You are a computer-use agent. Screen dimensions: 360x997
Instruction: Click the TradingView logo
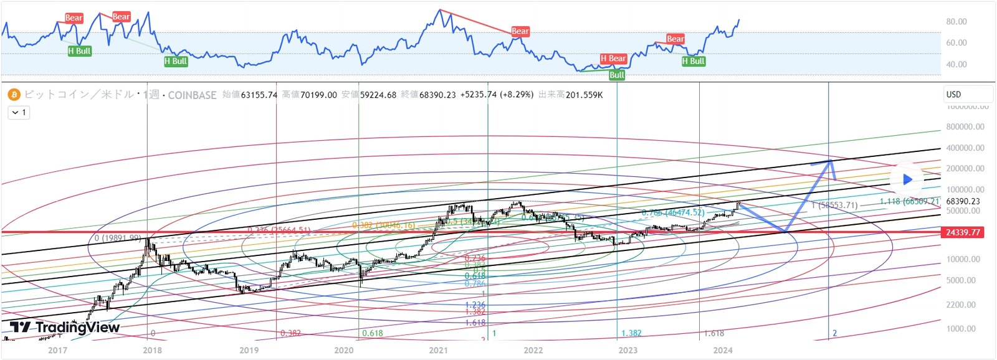pyautogui.click(x=65, y=328)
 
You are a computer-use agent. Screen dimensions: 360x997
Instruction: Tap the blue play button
pyautogui.click(x=907, y=179)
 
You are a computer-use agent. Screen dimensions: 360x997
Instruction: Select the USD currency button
pyautogui.click(x=967, y=95)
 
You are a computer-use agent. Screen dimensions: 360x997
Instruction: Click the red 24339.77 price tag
pyautogui.click(x=963, y=232)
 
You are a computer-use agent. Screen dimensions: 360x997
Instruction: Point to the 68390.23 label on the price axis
pyautogui.click(x=963, y=201)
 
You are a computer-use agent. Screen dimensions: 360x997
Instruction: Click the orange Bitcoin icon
pyautogui.click(x=14, y=95)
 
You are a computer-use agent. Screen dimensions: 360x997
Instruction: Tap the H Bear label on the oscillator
pyautogui.click(x=613, y=59)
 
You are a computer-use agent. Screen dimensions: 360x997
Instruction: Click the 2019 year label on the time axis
pyautogui.click(x=249, y=350)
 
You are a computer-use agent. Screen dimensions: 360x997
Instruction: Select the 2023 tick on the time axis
pyautogui.click(x=627, y=350)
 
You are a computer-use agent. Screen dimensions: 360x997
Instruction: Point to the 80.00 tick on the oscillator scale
pyautogui.click(x=956, y=21)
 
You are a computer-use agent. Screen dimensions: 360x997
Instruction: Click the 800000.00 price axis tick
pyautogui.click(x=965, y=126)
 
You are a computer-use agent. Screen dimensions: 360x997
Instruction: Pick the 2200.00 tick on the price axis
pyautogui.click(x=960, y=305)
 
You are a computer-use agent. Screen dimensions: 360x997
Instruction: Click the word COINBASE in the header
pyautogui.click(x=192, y=95)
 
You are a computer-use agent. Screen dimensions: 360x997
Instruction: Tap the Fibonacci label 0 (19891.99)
pyautogui.click(x=118, y=238)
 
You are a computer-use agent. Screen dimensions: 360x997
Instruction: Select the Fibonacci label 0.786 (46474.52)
pyautogui.click(x=673, y=213)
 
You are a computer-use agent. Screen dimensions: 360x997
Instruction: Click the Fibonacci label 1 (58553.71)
pyautogui.click(x=834, y=205)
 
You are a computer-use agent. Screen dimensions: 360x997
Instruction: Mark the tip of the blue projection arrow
pyautogui.click(x=831, y=161)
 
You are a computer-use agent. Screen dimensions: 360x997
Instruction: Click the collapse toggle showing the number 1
pyautogui.click(x=19, y=113)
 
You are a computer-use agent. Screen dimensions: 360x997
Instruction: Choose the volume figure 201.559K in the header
pyautogui.click(x=584, y=95)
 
